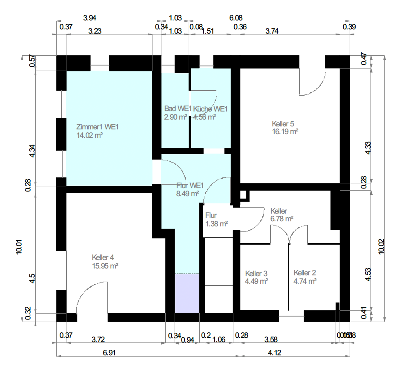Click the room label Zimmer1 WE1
tap(97, 127)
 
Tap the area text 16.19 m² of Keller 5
tap(284, 132)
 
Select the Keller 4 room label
tap(103, 257)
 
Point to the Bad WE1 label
tap(178, 108)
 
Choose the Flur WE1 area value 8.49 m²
tap(187, 193)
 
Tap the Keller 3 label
tap(256, 273)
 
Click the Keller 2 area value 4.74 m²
tap(305, 281)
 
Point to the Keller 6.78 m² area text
tap(282, 219)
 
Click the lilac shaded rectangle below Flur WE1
tap(187, 293)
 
